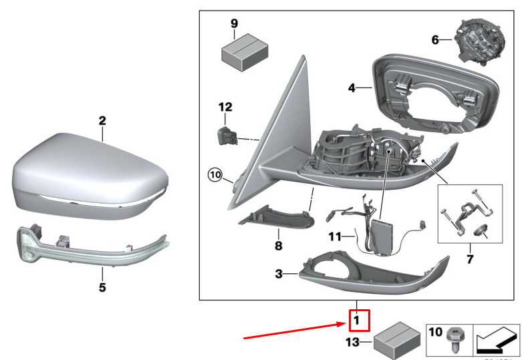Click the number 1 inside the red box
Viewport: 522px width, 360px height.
coord(357,321)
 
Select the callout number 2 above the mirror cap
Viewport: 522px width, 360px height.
coord(102,121)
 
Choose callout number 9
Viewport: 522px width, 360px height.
coord(235,23)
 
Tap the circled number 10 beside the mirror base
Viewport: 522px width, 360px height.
coord(214,175)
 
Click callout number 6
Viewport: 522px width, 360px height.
coord(435,40)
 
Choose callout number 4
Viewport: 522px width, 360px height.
coord(351,87)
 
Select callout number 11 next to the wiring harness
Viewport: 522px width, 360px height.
coord(334,236)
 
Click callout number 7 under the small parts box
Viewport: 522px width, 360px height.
coord(469,258)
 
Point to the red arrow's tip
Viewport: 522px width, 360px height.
coord(346,324)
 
